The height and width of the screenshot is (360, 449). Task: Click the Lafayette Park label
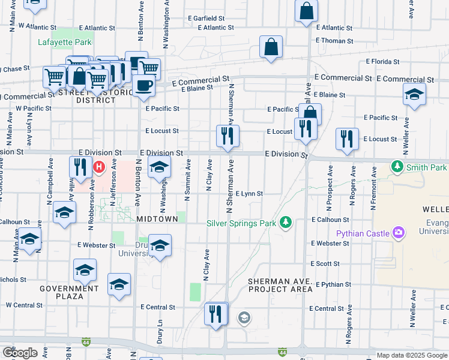point(65,42)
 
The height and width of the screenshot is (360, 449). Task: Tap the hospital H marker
point(100,166)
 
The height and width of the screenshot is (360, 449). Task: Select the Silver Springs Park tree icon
point(286,223)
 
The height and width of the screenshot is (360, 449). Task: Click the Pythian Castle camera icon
point(397,233)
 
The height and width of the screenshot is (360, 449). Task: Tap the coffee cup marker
point(143,85)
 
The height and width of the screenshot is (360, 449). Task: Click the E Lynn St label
point(249,194)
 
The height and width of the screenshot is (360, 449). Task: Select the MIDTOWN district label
point(157,219)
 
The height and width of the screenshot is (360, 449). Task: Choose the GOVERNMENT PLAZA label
point(69,292)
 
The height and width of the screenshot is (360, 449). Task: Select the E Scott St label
point(325,263)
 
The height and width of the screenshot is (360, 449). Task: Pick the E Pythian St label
point(333,284)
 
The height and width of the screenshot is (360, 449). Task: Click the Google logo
point(20,353)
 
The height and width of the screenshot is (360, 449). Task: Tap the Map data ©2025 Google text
point(411,355)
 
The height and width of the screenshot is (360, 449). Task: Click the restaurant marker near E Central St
point(216,313)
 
